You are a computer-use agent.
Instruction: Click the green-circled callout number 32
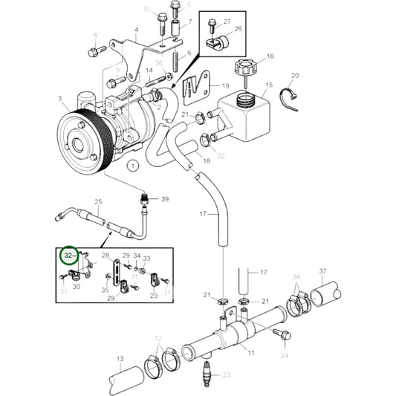(69, 256)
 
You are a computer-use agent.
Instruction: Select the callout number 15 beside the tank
(269, 85)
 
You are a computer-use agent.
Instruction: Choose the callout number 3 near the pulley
(60, 97)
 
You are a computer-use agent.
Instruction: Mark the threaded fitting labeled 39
(145, 200)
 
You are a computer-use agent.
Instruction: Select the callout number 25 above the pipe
(98, 202)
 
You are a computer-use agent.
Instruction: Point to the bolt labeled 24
(284, 337)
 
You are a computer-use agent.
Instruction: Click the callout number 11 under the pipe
(250, 352)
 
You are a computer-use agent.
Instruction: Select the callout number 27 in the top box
(227, 21)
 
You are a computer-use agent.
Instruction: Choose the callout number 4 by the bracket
(136, 30)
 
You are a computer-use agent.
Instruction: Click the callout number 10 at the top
(146, 9)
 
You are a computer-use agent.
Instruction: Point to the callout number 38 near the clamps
(296, 276)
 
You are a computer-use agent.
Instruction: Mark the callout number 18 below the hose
(206, 160)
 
